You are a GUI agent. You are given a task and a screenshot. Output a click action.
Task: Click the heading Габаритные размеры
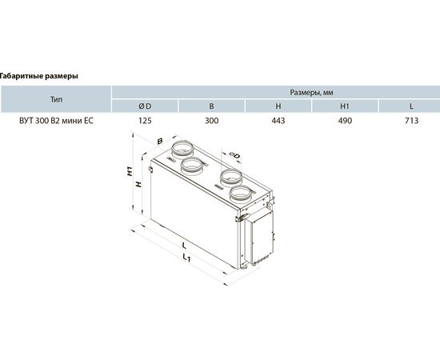pyautogui.click(x=38, y=76)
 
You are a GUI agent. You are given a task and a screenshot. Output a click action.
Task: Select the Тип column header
pyautogui.click(x=57, y=99)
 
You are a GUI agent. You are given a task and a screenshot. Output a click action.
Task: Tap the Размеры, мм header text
pyautogui.click(x=311, y=93)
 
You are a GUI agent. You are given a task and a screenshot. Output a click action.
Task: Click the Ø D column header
pyautogui.click(x=145, y=106)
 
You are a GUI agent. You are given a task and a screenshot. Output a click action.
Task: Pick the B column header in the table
pyautogui.click(x=211, y=106)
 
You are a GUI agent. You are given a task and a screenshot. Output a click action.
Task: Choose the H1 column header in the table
pyautogui.click(x=345, y=106)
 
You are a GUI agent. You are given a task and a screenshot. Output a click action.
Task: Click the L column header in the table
pyautogui.click(x=411, y=106)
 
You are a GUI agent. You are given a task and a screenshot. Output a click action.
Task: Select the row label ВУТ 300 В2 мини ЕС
pyautogui.click(x=56, y=121)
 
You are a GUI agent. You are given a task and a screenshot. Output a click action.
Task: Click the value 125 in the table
pyautogui.click(x=145, y=121)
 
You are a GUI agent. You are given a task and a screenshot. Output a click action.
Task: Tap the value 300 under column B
pyautogui.click(x=211, y=121)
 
